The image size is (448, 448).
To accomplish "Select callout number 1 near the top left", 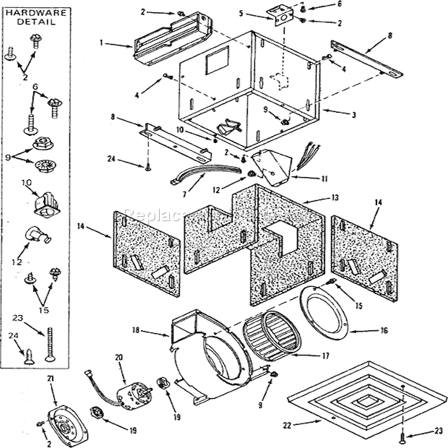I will tap(103, 44).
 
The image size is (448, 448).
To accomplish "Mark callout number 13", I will tap(314, 197).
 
